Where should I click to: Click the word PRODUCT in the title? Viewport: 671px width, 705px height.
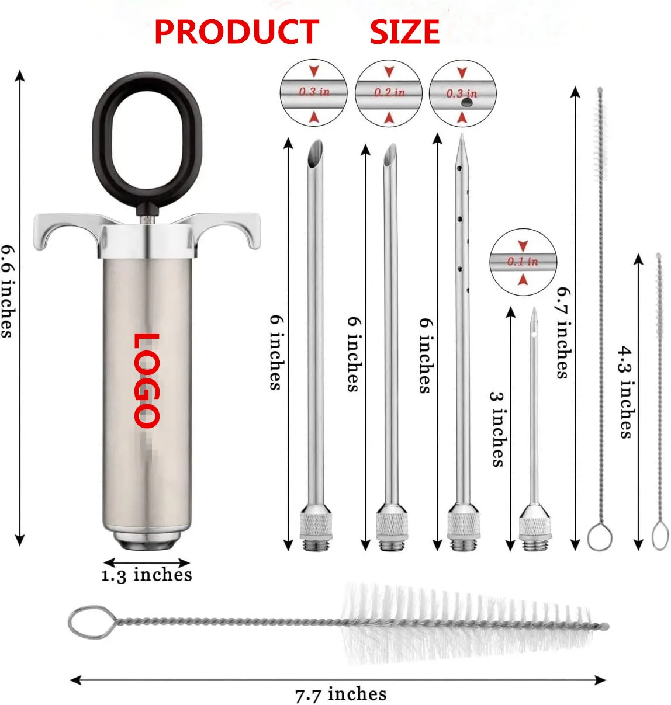(x=236, y=32)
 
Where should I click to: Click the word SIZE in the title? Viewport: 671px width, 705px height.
(x=404, y=32)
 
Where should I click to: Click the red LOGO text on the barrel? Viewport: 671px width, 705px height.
(x=146, y=380)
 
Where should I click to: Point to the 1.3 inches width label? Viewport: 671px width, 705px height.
(x=147, y=575)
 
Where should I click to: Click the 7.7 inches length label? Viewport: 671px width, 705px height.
(x=341, y=694)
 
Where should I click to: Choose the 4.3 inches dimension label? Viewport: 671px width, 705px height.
(x=626, y=391)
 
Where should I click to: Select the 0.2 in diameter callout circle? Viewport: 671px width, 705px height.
(x=389, y=93)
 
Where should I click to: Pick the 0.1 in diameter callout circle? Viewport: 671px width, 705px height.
(x=523, y=262)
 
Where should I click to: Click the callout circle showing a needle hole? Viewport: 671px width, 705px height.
(x=462, y=93)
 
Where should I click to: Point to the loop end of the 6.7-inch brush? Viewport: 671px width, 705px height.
(x=600, y=537)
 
